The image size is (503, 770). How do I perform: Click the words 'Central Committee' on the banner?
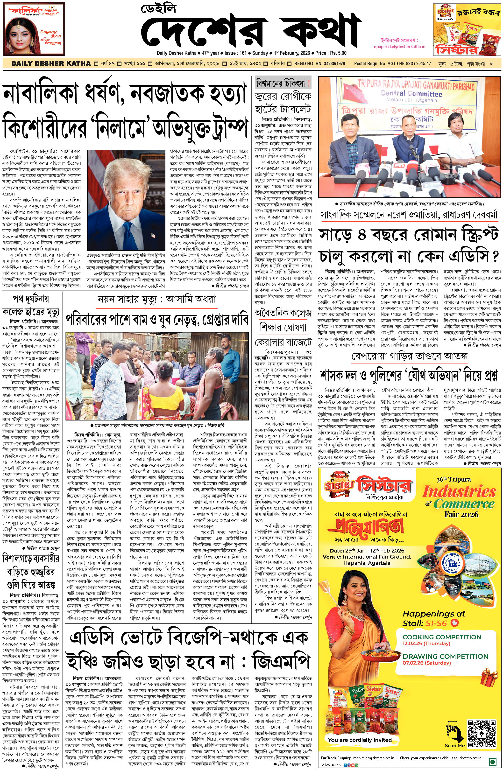point(411,94)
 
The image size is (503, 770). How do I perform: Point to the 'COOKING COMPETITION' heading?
point(441,637)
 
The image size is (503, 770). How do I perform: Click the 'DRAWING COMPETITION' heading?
point(445,657)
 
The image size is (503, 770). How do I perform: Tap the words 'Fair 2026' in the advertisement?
point(461,514)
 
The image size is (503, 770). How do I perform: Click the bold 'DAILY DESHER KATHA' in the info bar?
point(51,63)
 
